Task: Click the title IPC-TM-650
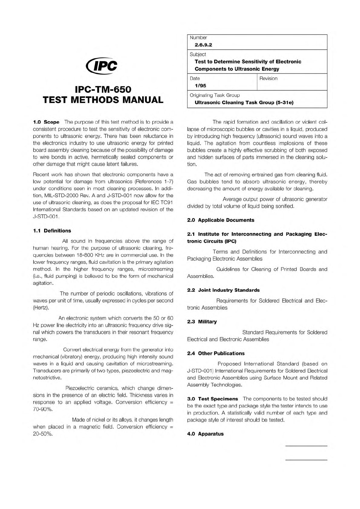point(103,89)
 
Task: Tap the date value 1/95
point(200,86)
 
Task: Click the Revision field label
point(268,79)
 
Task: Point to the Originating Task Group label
point(215,95)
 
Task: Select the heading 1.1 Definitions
point(52,231)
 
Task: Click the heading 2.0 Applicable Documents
point(221,220)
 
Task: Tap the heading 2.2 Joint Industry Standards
point(223,290)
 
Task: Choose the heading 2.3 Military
point(202,322)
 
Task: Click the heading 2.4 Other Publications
point(216,353)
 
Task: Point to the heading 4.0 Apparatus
point(205,434)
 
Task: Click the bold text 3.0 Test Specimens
point(212,399)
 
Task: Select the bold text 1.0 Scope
point(46,122)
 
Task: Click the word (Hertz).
point(41,308)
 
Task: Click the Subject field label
point(198,54)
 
